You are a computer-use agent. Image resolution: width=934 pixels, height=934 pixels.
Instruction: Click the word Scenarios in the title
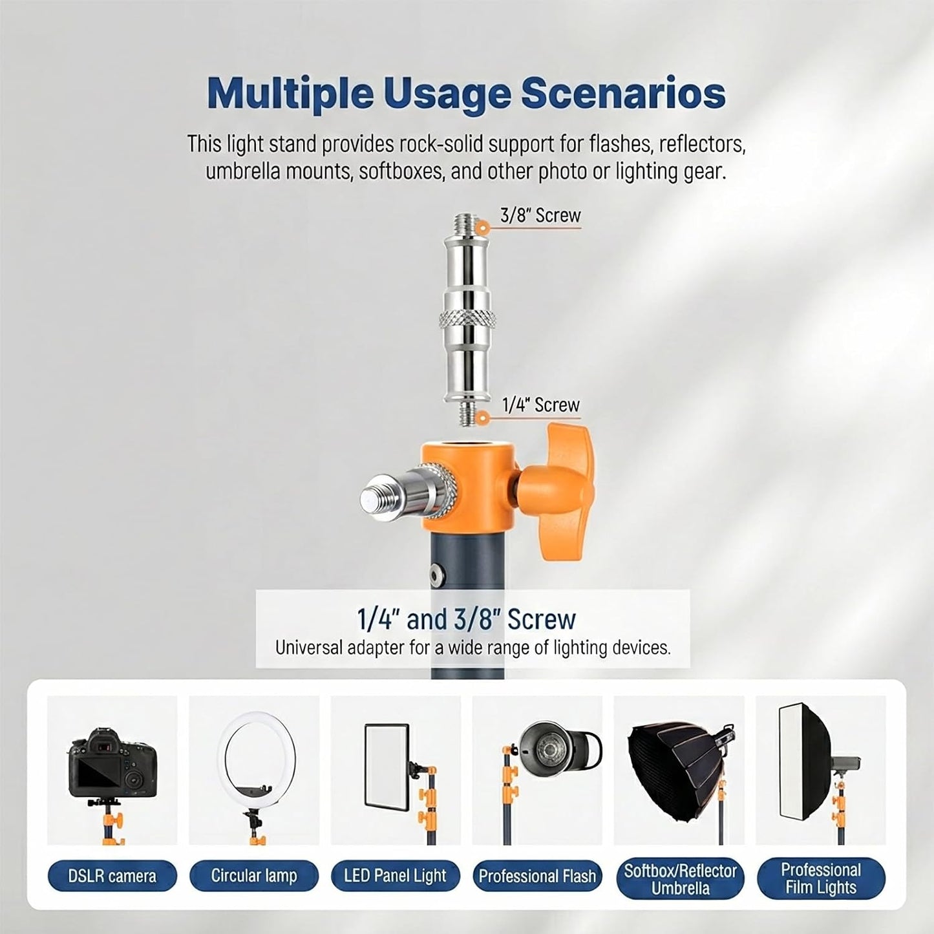[623, 94]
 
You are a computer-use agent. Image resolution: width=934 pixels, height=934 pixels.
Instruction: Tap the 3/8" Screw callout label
[540, 215]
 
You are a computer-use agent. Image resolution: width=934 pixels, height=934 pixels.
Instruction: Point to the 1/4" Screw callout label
[540, 405]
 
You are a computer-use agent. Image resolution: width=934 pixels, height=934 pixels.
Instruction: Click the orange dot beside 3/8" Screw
[481, 226]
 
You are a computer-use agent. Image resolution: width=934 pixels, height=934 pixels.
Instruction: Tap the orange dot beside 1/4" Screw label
[481, 416]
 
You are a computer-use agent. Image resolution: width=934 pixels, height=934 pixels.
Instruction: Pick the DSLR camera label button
[112, 876]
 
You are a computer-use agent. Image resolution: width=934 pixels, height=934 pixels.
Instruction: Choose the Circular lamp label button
[254, 875]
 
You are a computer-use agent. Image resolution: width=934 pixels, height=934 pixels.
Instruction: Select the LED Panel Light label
[395, 875]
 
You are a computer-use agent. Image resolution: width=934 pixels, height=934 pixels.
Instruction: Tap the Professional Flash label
[537, 876]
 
